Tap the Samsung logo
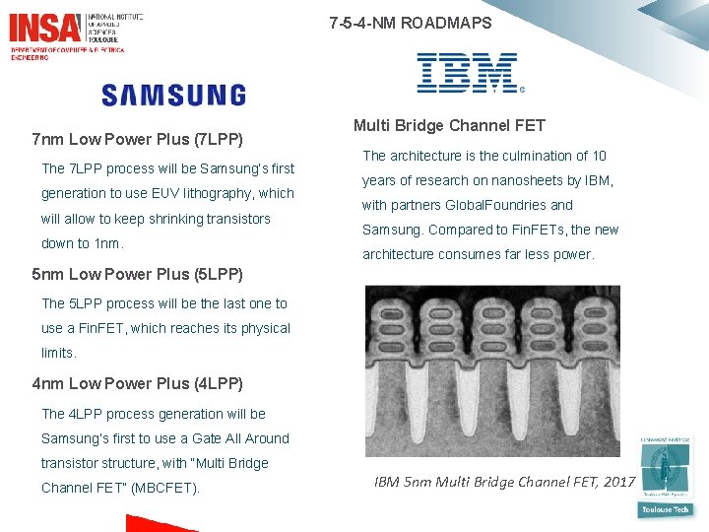pos(173,95)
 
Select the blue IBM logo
pos(468,74)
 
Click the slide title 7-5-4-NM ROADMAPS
pos(410,23)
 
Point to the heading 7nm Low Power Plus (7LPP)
pos(137,139)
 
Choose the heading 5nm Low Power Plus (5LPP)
pos(137,274)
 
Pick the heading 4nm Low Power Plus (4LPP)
pos(137,383)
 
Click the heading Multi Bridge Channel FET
pos(449,125)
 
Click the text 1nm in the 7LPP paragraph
pos(106,243)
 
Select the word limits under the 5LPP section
pos(58,353)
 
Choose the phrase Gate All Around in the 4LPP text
pos(241,438)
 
